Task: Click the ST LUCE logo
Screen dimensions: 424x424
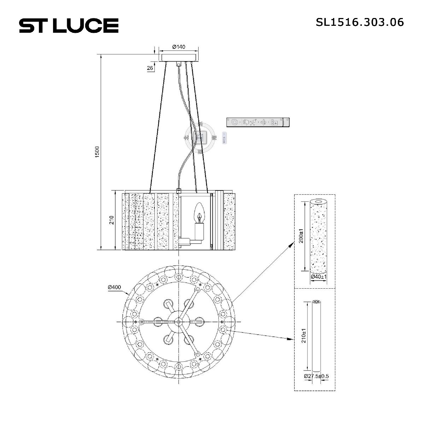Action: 69,25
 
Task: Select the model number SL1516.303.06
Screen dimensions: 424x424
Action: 360,22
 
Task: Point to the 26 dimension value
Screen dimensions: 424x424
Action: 150,68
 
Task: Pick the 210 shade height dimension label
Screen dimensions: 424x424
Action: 112,220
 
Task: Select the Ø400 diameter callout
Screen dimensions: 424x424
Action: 114,287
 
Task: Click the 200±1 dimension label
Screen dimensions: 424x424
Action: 301,236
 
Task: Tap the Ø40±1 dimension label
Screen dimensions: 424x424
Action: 318,277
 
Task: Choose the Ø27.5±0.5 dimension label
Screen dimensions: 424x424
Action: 316,376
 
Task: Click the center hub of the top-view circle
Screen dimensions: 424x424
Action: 178,322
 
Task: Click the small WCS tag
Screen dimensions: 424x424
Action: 224,138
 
